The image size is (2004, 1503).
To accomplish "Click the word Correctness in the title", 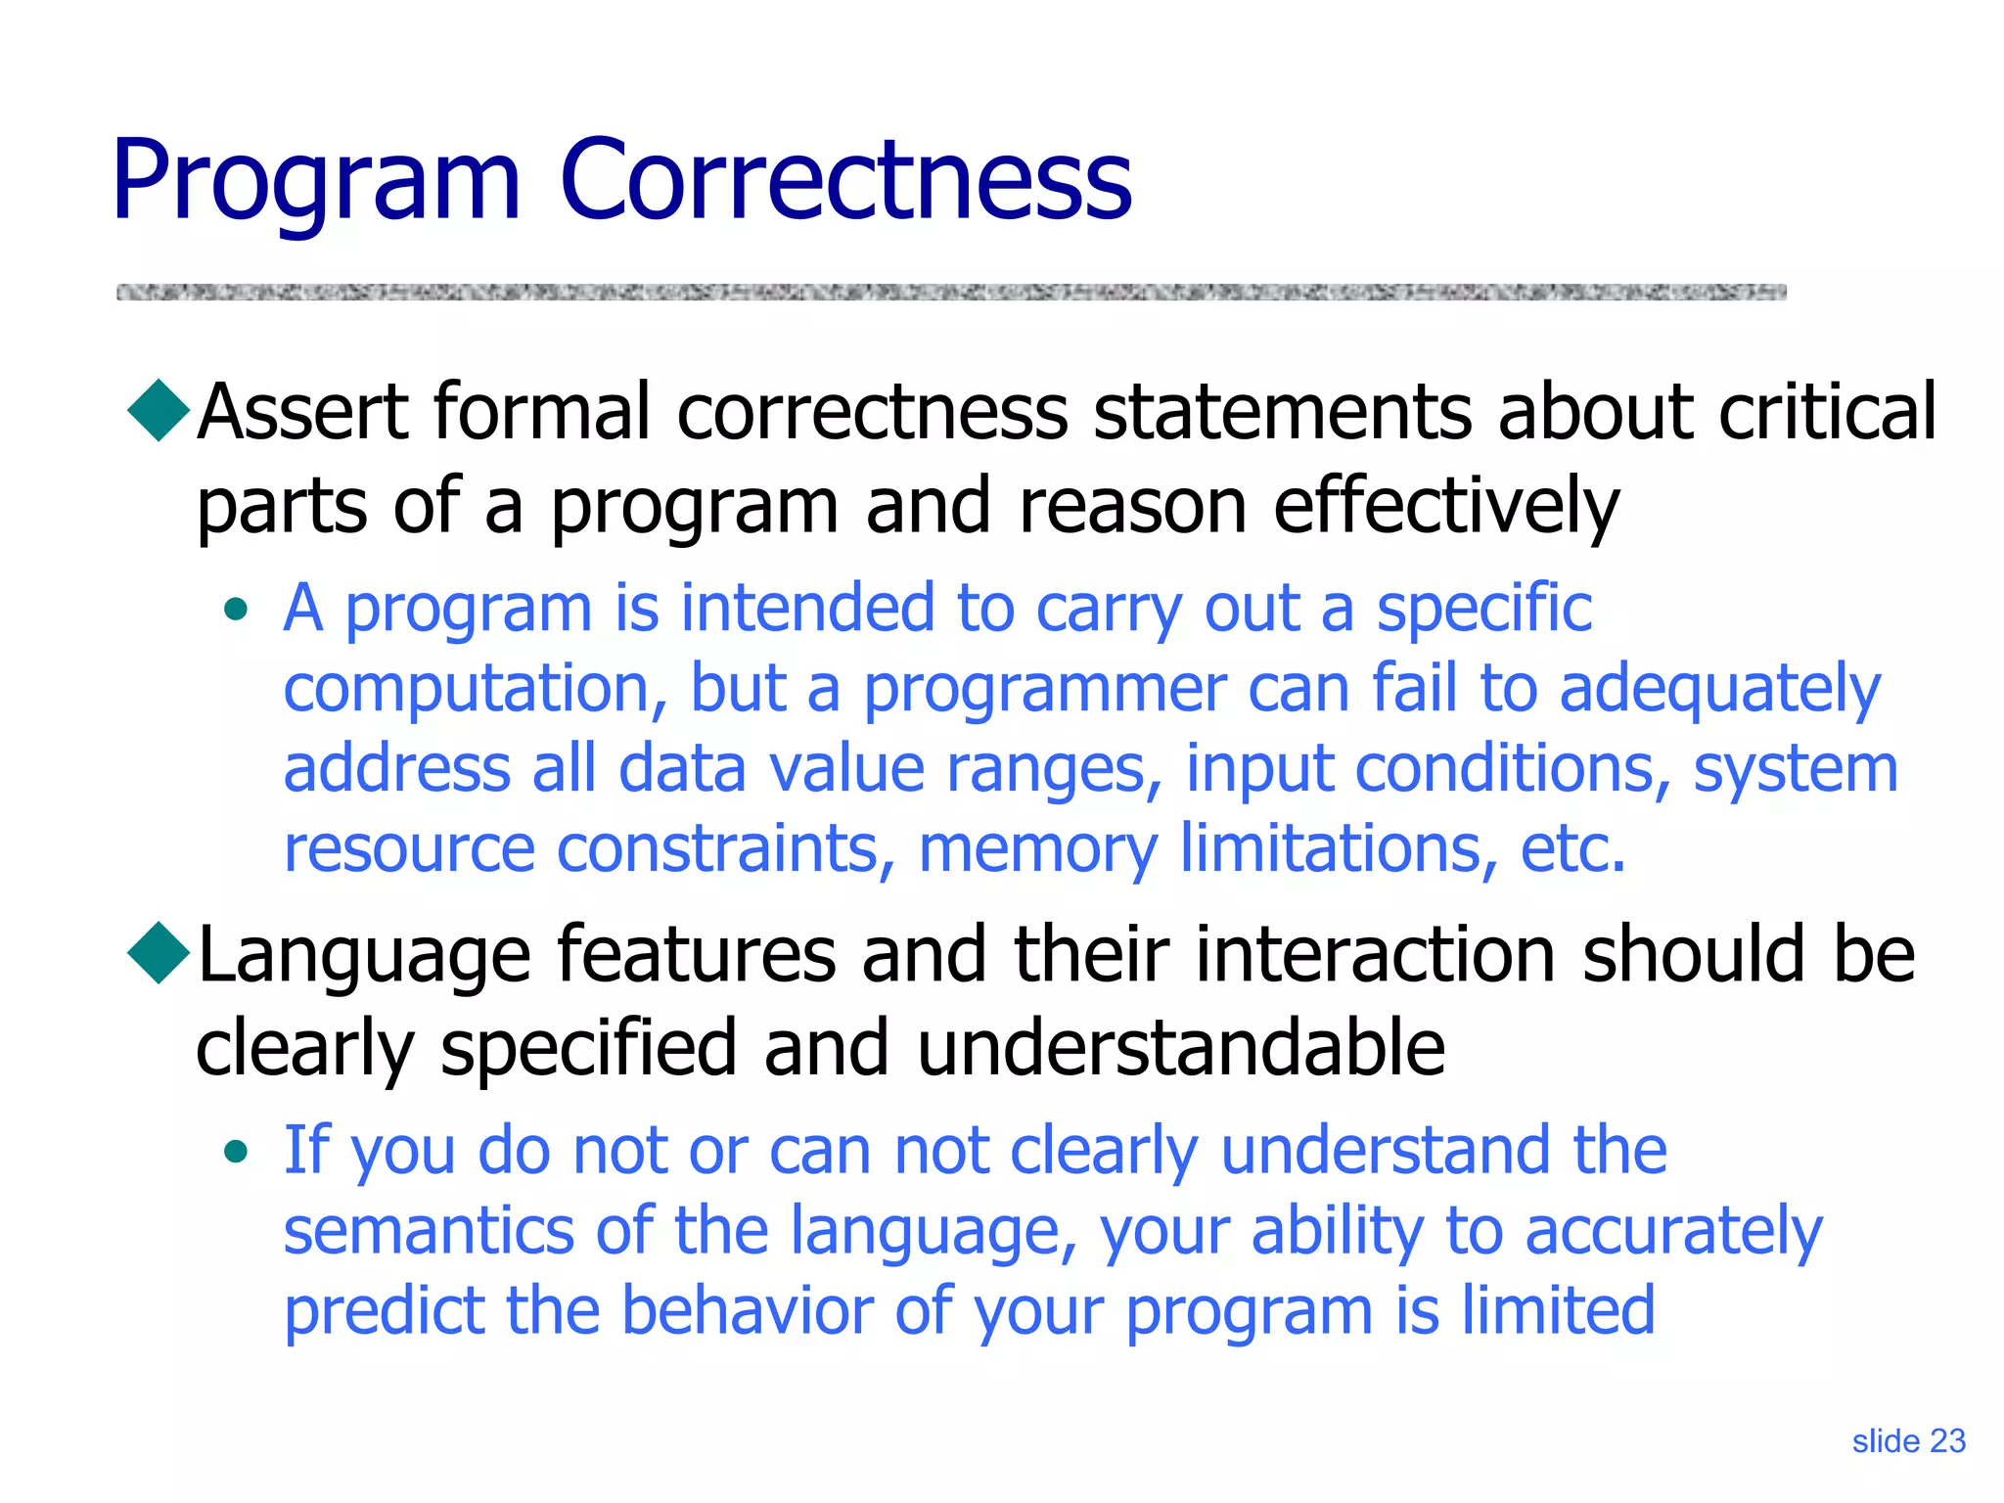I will [844, 180].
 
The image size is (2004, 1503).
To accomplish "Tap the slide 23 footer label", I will [1908, 1441].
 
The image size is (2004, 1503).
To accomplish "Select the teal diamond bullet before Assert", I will [159, 410].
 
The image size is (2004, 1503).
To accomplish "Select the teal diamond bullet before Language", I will [159, 952].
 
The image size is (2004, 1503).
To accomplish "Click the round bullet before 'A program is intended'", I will [236, 611].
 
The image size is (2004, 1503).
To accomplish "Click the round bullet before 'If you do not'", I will [236, 1152].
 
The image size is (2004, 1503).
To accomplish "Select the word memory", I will [1037, 849].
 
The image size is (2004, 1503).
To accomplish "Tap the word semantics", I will [428, 1231].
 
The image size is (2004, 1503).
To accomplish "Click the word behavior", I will [746, 1311].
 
